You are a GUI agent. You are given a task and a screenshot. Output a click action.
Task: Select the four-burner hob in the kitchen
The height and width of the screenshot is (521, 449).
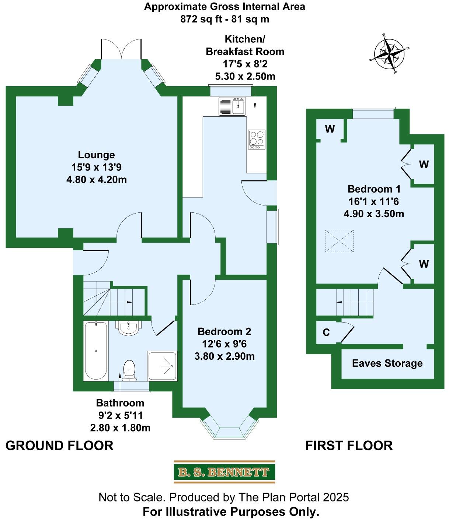tap(257, 140)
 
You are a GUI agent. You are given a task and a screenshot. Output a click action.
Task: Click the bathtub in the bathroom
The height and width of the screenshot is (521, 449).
tap(96, 351)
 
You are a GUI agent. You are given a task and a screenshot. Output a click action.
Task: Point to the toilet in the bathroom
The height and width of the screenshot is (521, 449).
tap(129, 370)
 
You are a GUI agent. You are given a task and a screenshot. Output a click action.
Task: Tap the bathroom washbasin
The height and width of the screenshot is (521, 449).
tap(129, 328)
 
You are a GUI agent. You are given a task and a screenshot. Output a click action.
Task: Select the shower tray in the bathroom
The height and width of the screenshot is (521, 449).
tap(162, 366)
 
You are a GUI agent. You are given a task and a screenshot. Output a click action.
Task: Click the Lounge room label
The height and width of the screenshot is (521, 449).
tap(97, 155)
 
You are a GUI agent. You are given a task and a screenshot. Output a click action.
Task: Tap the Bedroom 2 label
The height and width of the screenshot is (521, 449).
tap(224, 331)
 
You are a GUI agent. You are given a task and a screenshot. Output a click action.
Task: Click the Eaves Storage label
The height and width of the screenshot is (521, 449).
tap(387, 363)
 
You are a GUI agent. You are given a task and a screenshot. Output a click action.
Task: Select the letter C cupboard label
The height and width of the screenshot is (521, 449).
tap(326, 332)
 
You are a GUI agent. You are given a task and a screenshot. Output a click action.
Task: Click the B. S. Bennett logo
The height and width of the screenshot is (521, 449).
tap(224, 472)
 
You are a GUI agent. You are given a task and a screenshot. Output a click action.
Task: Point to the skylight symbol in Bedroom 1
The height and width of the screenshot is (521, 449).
tap(339, 241)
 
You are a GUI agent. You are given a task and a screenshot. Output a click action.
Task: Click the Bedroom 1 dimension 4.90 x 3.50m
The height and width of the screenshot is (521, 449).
tap(374, 214)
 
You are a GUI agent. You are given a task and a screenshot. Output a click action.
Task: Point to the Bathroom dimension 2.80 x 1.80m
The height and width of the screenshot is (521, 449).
tap(120, 428)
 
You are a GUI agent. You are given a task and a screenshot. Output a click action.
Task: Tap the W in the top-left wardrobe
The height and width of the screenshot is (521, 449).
tap(330, 129)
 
